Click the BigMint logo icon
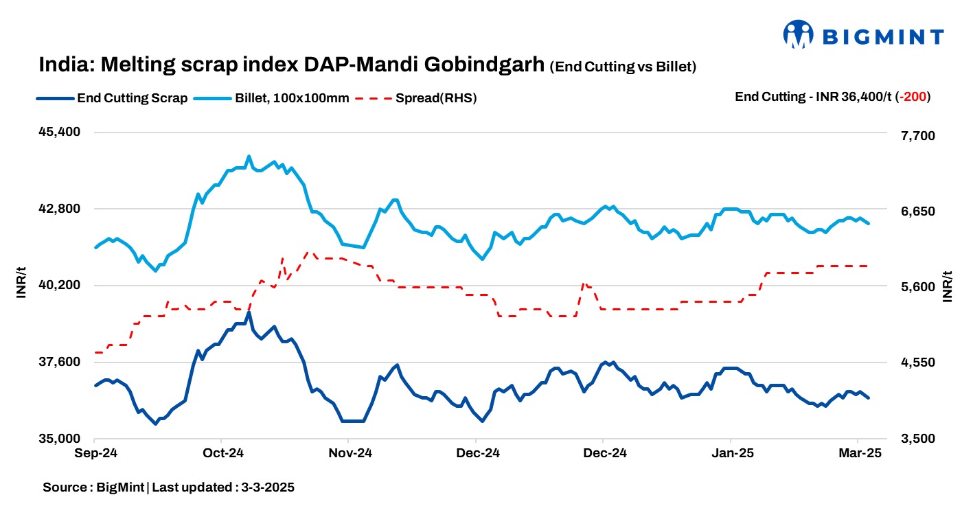click(798, 34)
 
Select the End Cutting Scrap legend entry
click(113, 97)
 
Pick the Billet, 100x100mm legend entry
click(273, 97)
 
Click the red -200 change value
click(915, 97)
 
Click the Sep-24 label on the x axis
click(95, 453)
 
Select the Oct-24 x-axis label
click(221, 453)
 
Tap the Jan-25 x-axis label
click(731, 453)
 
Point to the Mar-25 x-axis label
click(858, 453)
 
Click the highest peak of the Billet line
click(249, 157)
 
